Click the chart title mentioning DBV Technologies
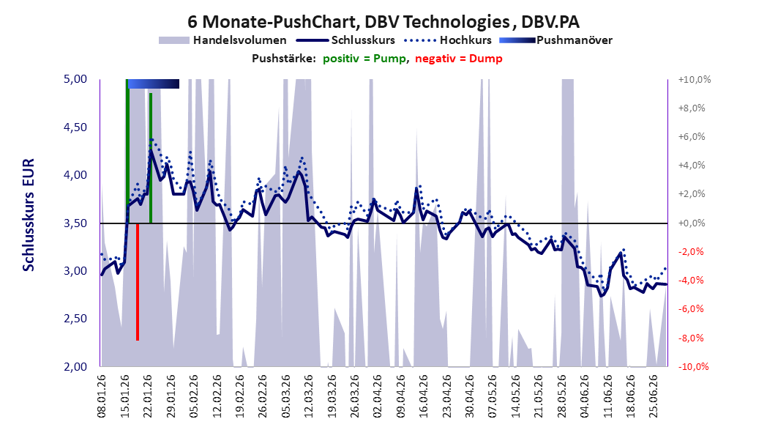[x=383, y=21]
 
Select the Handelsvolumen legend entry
[x=222, y=40]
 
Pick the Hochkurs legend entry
[x=448, y=40]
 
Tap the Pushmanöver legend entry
[x=555, y=40]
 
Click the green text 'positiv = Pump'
[x=364, y=59]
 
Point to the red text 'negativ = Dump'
[x=459, y=59]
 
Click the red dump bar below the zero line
[x=138, y=281]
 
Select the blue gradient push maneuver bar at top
[x=154, y=84]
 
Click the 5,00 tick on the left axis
[x=75, y=79]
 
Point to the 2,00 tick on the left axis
[x=75, y=366]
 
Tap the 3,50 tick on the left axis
[x=75, y=223]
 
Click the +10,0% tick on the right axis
[x=695, y=79]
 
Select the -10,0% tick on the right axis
[x=694, y=366]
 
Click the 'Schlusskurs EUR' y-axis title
[x=29, y=215]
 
